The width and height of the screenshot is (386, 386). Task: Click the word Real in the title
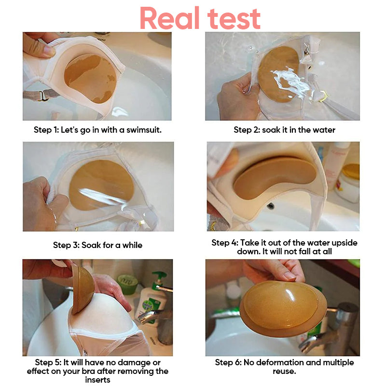[x=170, y=18]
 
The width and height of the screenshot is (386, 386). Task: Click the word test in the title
[x=234, y=19]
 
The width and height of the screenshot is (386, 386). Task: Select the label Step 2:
[x=247, y=130]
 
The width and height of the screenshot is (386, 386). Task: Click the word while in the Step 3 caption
[x=132, y=245]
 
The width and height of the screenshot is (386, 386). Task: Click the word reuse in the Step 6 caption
[x=284, y=372]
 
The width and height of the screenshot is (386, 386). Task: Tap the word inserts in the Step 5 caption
[x=98, y=380]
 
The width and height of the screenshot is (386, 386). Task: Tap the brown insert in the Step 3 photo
[x=101, y=185]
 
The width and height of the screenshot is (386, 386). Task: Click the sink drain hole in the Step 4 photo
[x=270, y=206]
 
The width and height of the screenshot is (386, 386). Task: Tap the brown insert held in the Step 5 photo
[x=83, y=289]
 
